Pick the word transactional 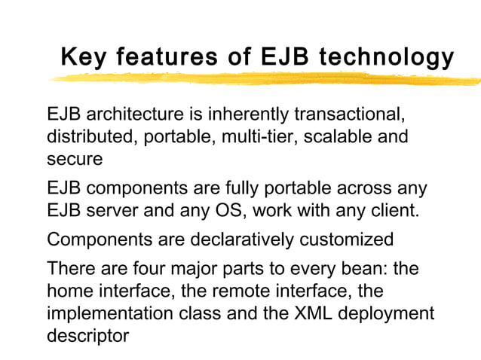[x=349, y=117]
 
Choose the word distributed [x=87, y=138]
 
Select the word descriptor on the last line [x=87, y=334]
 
